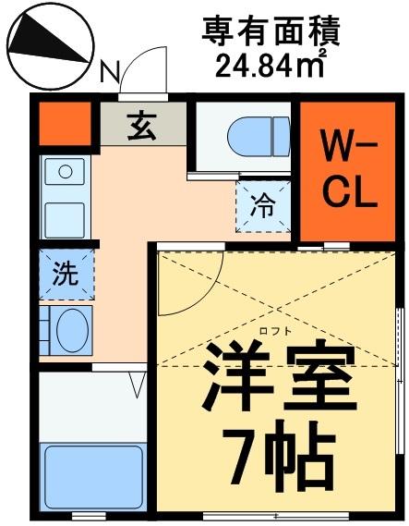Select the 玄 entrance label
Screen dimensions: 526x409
coord(143,125)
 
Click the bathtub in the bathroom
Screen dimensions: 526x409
coord(93,476)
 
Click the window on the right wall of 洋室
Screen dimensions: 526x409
coord(399,346)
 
